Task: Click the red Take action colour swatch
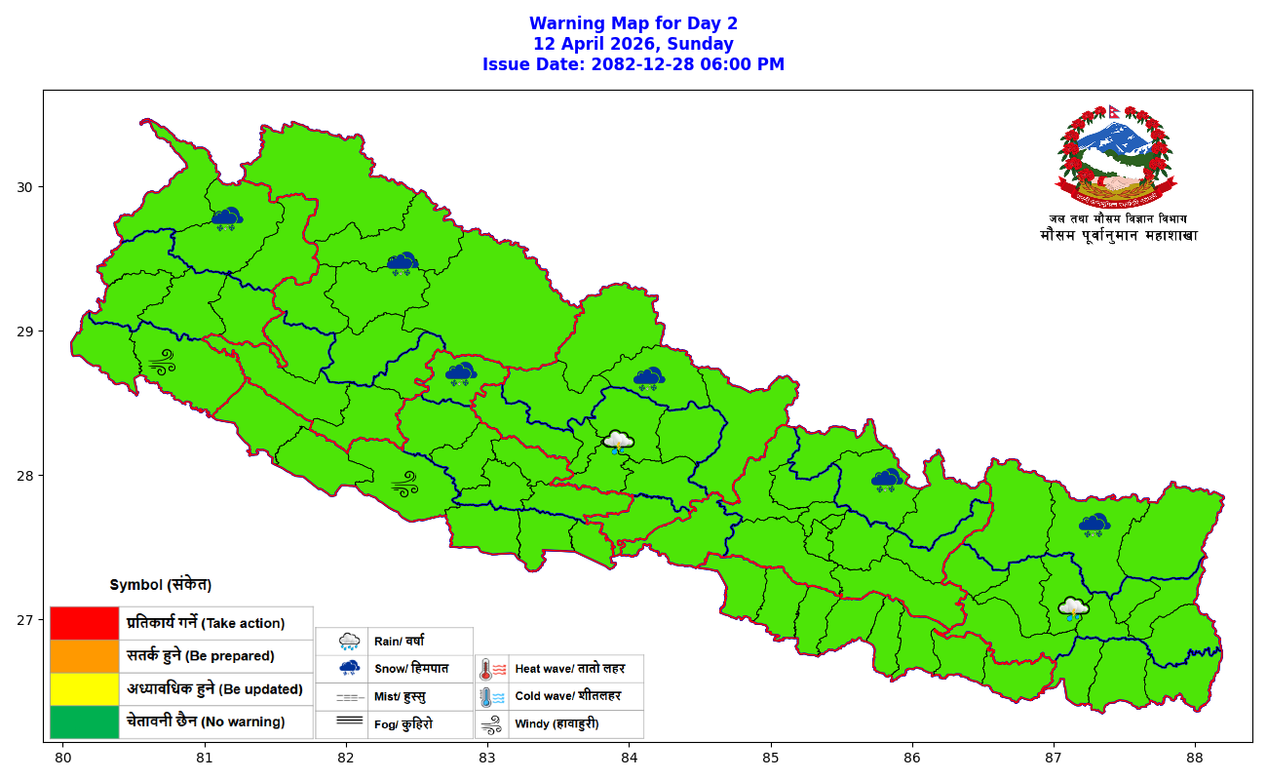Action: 84,623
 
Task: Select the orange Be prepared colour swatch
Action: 84,656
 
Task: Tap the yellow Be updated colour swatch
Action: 84,689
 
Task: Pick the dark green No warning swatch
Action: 84,721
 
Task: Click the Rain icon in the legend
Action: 349,642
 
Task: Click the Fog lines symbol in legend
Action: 349,723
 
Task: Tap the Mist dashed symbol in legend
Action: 349,698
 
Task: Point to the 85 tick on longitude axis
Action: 770,758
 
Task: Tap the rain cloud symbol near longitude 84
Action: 618,443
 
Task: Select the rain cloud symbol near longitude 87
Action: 1073,609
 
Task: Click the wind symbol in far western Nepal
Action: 161,363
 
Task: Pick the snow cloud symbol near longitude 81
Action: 227,218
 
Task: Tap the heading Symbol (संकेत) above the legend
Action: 161,585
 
